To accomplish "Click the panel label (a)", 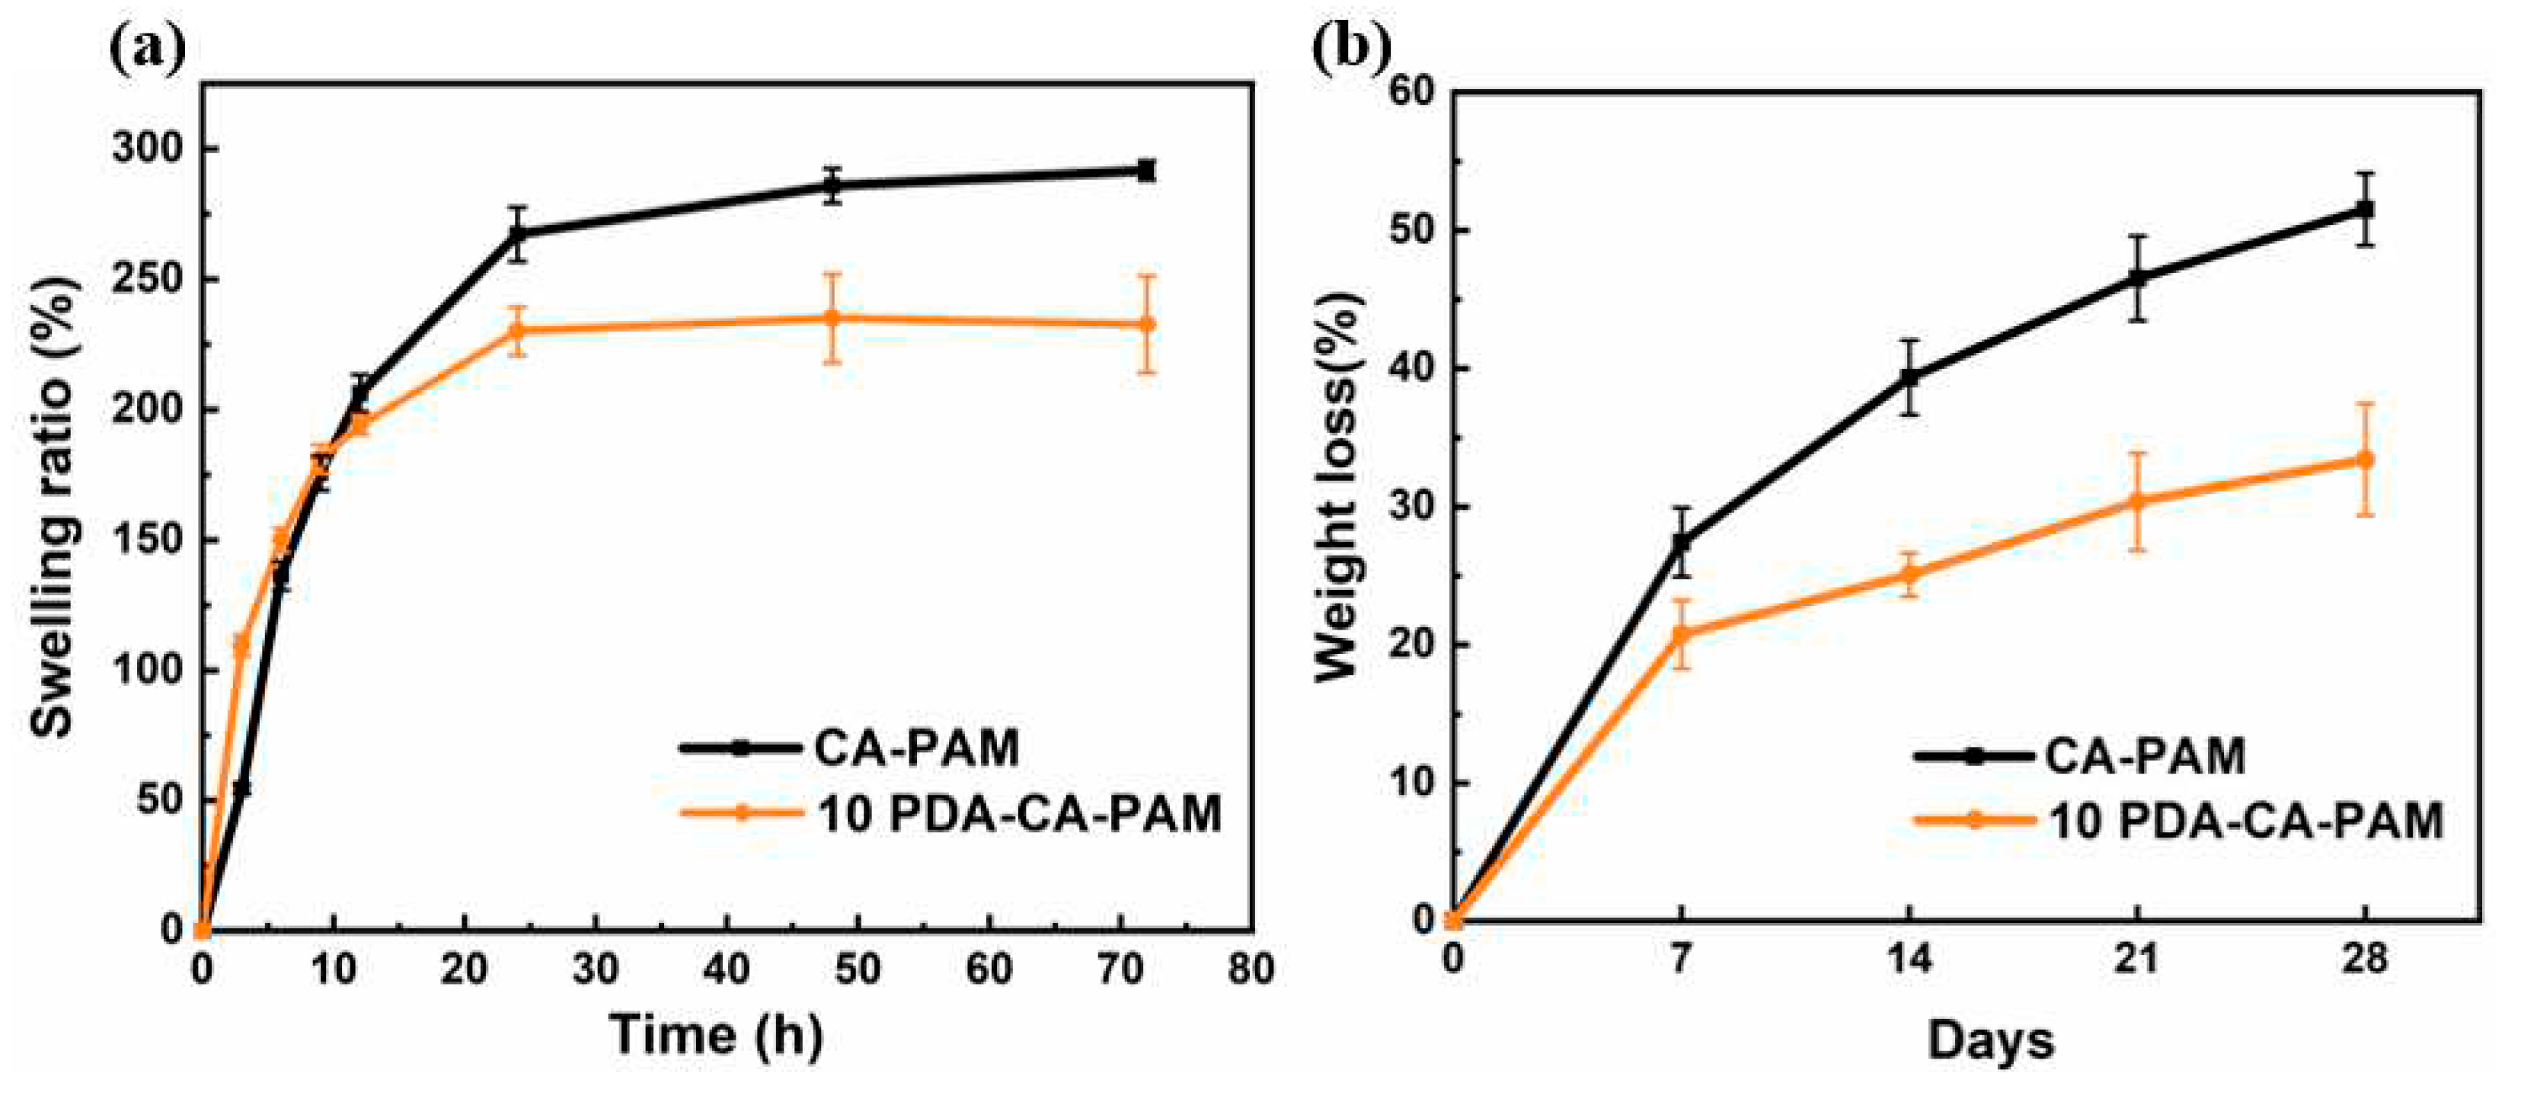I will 147,51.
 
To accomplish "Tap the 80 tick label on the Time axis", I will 1251,969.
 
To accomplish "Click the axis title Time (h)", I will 716,1035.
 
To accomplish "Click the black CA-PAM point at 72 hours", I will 1145,171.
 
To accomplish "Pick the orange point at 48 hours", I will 832,318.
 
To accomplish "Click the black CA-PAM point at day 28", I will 2364,210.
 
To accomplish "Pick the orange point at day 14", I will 1909,575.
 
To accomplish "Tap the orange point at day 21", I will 2137,501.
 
